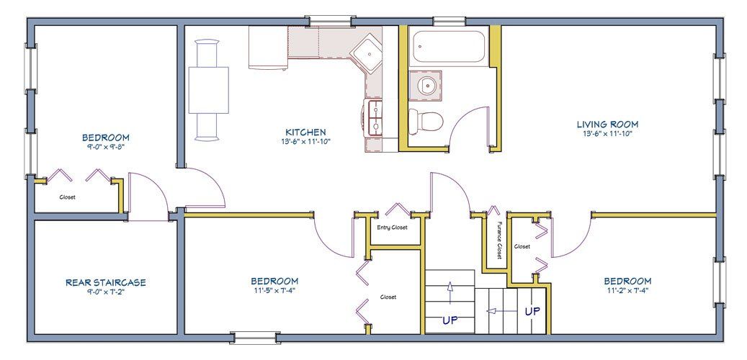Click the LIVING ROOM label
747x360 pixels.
pos(607,125)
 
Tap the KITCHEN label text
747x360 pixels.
pos(305,132)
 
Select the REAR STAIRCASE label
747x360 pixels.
pos(106,282)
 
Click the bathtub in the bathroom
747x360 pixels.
pos(449,47)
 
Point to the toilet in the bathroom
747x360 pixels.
pos(426,121)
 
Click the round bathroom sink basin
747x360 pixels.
pos(425,86)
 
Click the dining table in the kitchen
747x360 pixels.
pos(208,90)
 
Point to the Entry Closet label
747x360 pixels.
pos(392,228)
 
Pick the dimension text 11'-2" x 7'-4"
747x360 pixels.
pos(627,289)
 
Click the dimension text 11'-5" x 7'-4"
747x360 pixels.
pos(275,289)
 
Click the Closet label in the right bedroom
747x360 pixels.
pos(522,247)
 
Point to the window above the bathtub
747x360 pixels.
pos(449,21)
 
